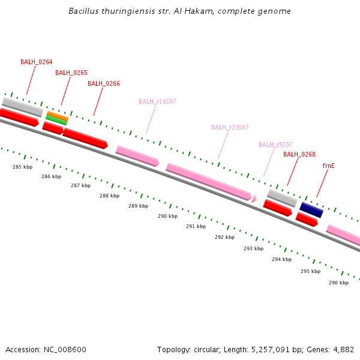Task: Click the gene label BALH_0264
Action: tap(36, 62)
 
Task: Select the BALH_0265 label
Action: tap(71, 73)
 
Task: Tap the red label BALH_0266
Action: tap(104, 83)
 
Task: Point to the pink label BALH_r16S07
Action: tap(157, 101)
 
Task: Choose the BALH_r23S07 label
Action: tap(230, 127)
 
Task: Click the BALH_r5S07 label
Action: tap(275, 145)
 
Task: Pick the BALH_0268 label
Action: tap(299, 154)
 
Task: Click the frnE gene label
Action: tap(328, 165)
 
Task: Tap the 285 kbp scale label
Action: tap(22, 167)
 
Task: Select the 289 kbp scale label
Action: tap(138, 206)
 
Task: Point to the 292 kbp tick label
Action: tap(224, 237)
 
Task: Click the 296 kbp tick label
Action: tap(338, 283)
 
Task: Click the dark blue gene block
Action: tap(311, 210)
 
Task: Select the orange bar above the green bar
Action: tap(58, 115)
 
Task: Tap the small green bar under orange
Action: tap(56, 120)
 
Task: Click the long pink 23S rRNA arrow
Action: tap(208, 181)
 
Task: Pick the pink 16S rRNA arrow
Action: tap(137, 155)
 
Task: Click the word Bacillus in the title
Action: tap(83, 11)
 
